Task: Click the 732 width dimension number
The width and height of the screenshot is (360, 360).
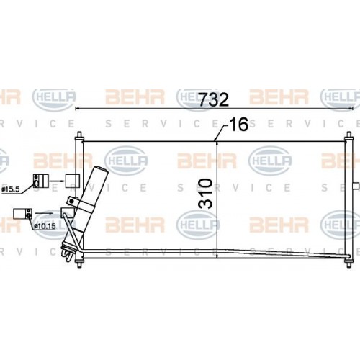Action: click(x=215, y=99)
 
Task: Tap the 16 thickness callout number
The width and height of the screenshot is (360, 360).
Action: click(x=238, y=126)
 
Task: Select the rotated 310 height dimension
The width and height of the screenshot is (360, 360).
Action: click(x=205, y=193)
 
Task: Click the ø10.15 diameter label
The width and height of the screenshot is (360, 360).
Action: click(x=46, y=227)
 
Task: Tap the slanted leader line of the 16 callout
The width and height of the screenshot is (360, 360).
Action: click(x=222, y=132)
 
